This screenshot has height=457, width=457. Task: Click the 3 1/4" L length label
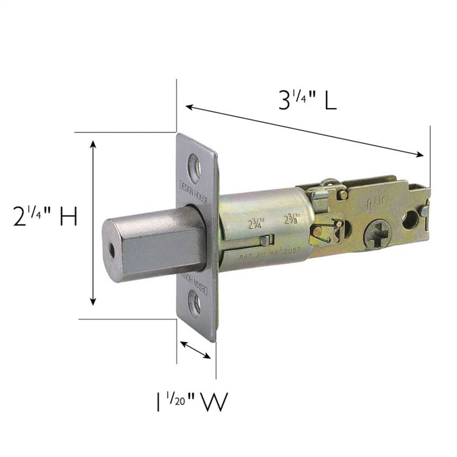pos(307,101)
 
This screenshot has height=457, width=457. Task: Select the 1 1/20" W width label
pos(188,402)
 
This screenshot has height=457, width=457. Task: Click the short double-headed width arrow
pos(196,350)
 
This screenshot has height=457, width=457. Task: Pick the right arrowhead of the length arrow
pos(422,154)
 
